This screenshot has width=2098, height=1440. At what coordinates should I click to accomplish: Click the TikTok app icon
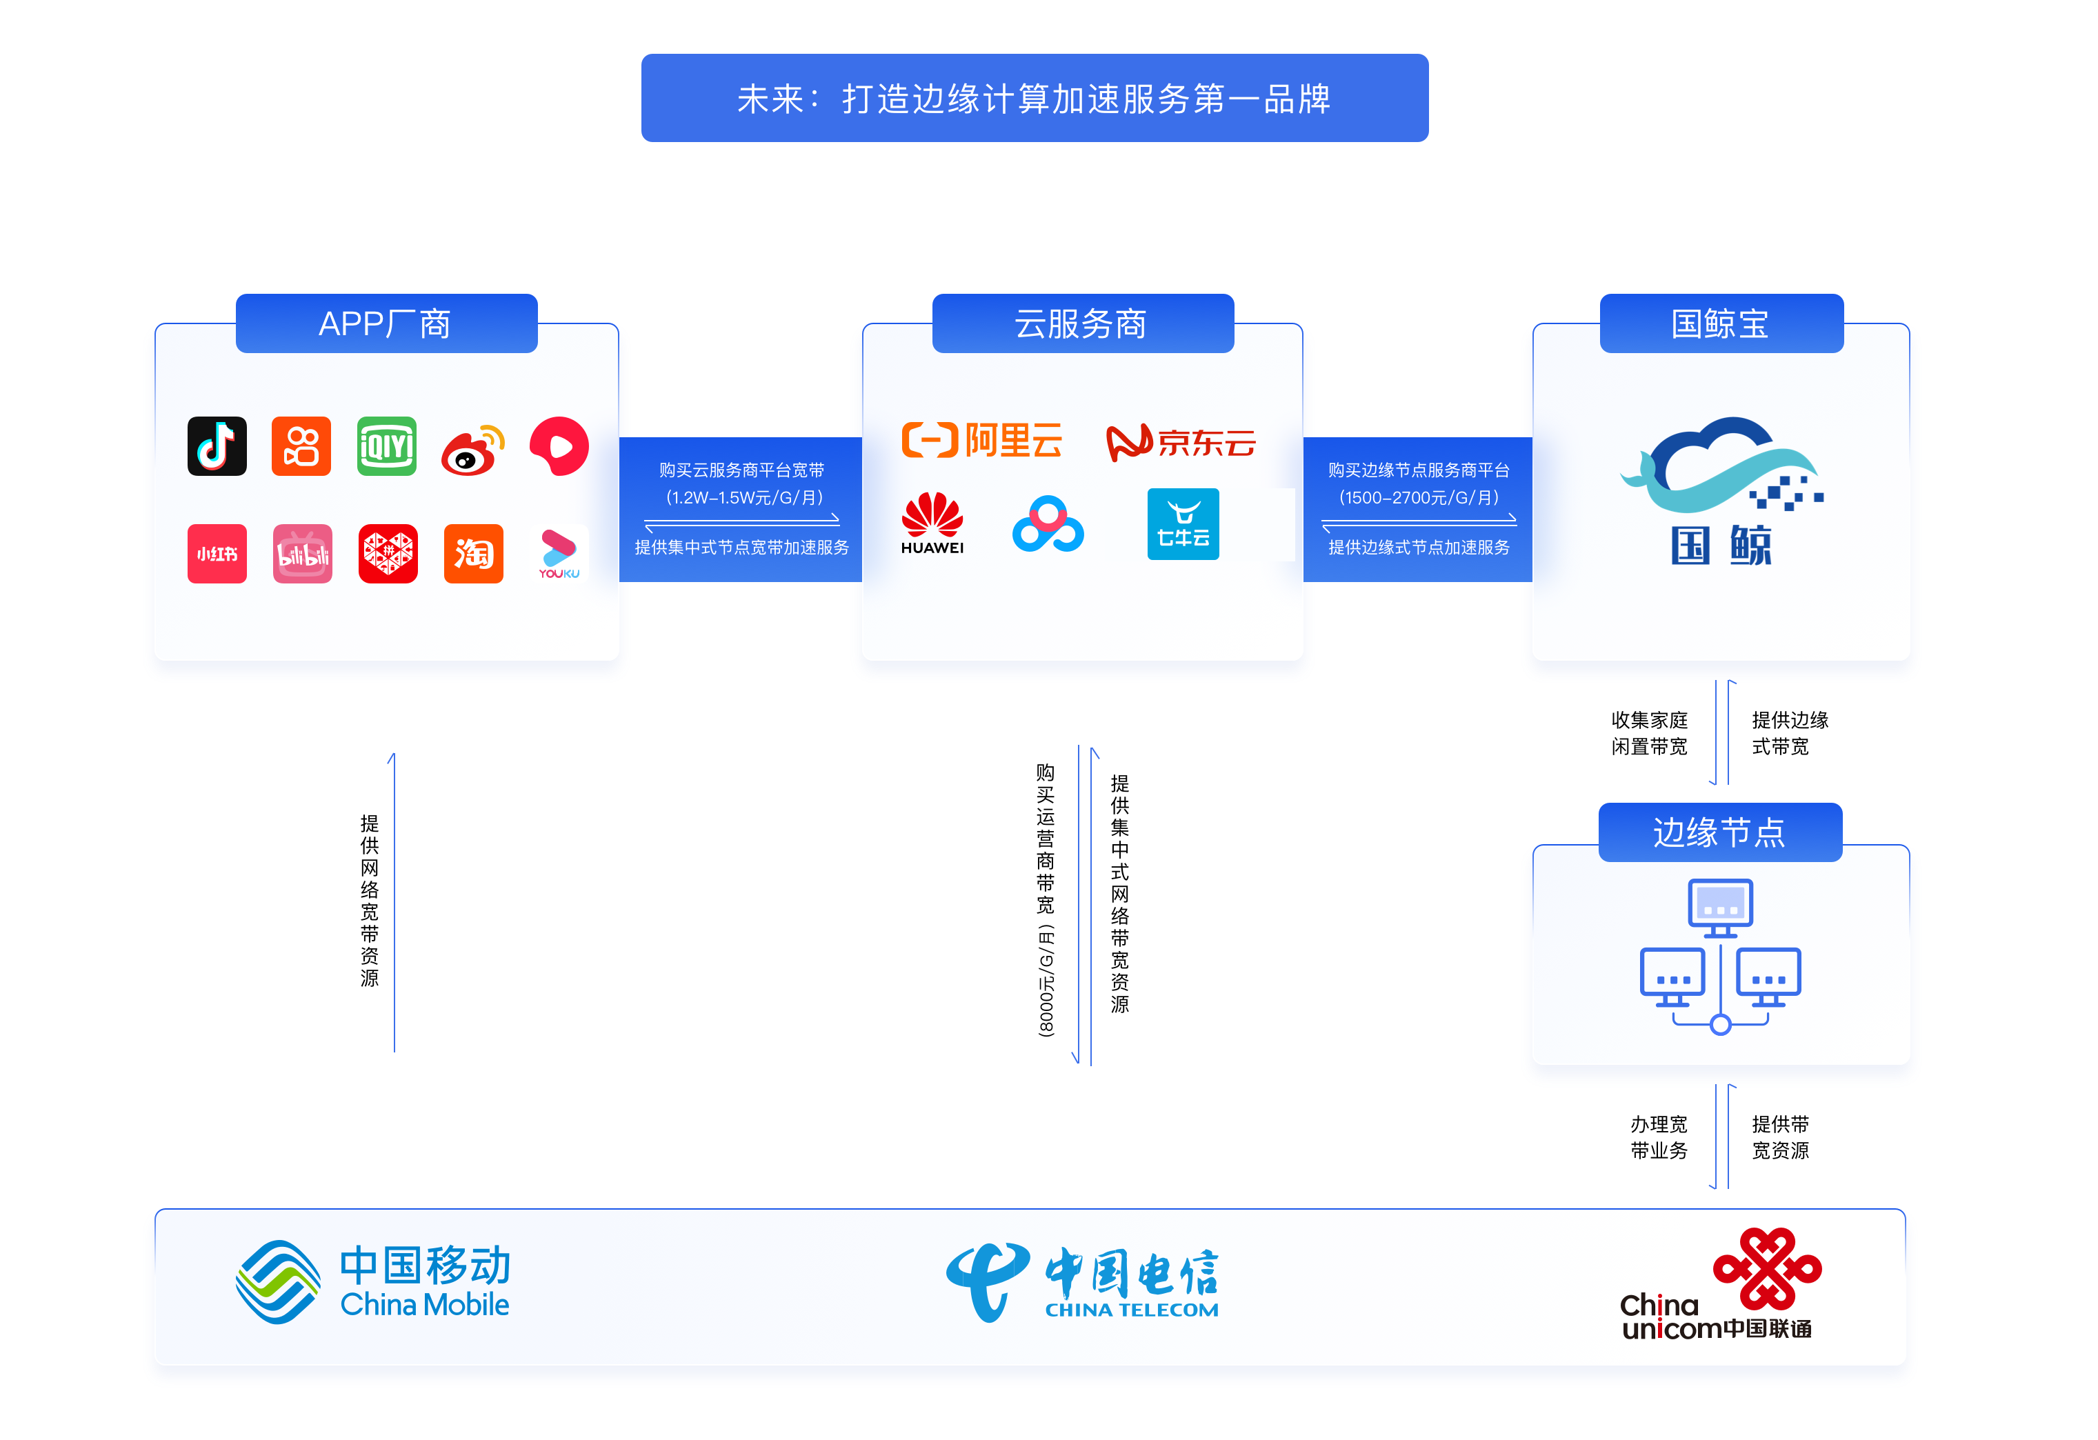(x=217, y=446)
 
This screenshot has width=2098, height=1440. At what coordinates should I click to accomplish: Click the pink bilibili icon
(x=302, y=553)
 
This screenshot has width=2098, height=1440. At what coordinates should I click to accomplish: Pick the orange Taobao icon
(x=473, y=553)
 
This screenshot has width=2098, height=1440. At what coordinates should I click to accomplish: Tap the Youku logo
(x=559, y=553)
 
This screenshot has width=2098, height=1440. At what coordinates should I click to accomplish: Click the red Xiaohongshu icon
(x=217, y=553)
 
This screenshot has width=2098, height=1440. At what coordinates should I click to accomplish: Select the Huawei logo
(x=932, y=523)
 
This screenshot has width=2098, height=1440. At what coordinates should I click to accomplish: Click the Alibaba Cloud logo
(x=982, y=441)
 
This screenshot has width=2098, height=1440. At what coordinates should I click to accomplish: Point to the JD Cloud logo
(x=1181, y=442)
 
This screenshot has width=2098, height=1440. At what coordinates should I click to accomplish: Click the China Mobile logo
(x=373, y=1282)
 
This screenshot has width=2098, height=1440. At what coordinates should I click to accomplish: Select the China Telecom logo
(x=1081, y=1283)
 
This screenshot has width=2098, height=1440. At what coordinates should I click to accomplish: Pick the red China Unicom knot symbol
(x=1767, y=1268)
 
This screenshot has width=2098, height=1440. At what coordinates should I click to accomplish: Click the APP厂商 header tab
(x=386, y=323)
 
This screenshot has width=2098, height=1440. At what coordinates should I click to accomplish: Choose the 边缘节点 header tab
(x=1720, y=832)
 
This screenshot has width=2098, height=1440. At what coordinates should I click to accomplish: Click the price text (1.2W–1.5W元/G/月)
(x=744, y=497)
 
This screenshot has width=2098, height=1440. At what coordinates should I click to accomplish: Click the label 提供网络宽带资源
(x=369, y=900)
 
